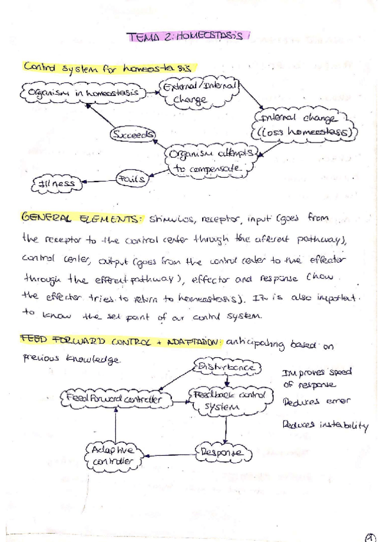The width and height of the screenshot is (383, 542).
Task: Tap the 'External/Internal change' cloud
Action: point(199,92)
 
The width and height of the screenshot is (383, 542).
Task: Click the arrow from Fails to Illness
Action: point(98,182)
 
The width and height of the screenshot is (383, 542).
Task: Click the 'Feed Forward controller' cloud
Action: point(115,399)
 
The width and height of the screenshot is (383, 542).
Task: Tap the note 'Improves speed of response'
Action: point(317,378)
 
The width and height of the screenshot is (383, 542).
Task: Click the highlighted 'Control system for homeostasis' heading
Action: point(107,68)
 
